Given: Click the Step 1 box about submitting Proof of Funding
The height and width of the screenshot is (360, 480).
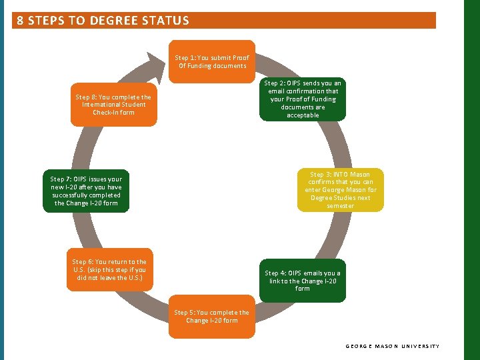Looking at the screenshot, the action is [212, 61].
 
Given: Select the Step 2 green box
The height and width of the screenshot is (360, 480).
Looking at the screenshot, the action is [303, 99].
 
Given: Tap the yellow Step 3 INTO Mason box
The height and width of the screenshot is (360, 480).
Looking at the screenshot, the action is [340, 190].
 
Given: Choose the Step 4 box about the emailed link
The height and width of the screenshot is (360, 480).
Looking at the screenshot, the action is [303, 281].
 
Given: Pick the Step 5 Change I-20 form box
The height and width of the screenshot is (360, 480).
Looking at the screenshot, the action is [212, 316].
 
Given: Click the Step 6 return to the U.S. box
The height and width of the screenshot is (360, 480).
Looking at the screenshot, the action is [109, 270].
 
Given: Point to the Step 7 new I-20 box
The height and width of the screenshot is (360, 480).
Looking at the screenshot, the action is [87, 191].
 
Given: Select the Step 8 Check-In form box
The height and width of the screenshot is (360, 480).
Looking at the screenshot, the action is [113, 105].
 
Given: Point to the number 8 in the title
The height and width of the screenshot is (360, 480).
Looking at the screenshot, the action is [20, 21].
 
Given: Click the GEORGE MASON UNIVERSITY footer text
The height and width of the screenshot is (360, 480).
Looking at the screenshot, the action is [393, 346].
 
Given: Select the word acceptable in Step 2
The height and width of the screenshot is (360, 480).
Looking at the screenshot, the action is [303, 115].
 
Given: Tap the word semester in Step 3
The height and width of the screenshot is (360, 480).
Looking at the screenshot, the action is [340, 206].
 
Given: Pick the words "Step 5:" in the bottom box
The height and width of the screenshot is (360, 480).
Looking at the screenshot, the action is [185, 312].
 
